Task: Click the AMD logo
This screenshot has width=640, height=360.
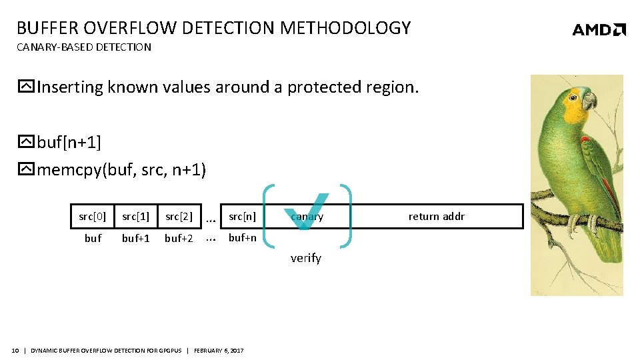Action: [599, 29]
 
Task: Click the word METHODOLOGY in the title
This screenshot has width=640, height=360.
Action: [345, 28]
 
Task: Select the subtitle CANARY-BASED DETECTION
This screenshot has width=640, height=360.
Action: [84, 47]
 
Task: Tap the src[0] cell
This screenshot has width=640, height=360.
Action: [93, 216]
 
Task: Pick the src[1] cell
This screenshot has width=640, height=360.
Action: [135, 216]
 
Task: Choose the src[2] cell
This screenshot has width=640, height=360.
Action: [179, 216]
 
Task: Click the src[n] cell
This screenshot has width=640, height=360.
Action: [242, 216]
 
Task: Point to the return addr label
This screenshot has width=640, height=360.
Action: [437, 216]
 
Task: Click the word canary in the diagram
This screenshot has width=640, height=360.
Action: [307, 216]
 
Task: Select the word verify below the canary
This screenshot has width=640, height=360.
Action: [306, 258]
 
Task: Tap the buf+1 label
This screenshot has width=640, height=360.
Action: [135, 238]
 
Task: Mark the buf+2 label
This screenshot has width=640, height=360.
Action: [179, 238]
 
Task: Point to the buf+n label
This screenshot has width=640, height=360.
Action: [242, 237]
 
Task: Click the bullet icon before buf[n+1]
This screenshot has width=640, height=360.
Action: [26, 142]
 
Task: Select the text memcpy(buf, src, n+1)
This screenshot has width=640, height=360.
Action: [121, 170]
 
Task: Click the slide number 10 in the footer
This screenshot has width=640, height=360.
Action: [15, 351]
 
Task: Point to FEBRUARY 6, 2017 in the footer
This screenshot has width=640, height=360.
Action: [219, 351]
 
